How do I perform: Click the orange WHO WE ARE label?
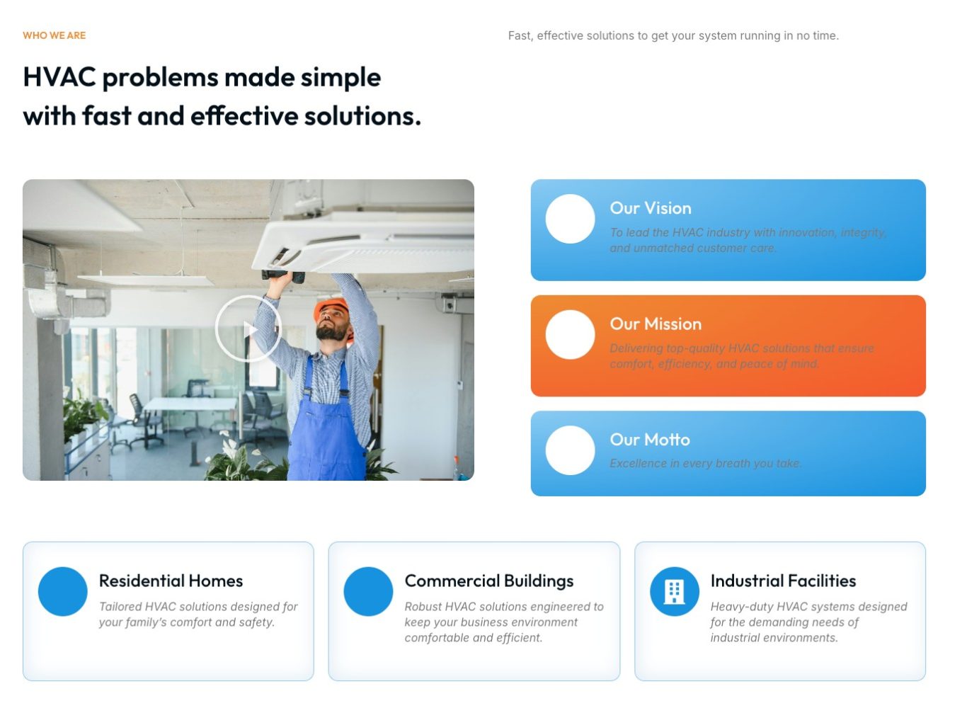click(54, 35)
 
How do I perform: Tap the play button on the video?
click(248, 329)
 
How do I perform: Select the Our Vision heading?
click(650, 208)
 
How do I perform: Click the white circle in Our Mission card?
click(570, 334)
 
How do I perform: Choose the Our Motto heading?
click(649, 440)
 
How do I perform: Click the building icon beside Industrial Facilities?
click(674, 591)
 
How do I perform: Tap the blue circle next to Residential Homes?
click(63, 591)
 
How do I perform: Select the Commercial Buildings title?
click(488, 581)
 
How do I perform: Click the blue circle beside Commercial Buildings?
click(368, 591)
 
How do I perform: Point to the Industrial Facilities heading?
click(782, 581)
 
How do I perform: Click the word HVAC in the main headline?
click(59, 77)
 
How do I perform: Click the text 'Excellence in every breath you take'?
click(705, 464)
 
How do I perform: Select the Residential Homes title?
click(171, 581)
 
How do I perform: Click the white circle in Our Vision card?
click(570, 219)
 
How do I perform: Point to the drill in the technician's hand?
click(283, 275)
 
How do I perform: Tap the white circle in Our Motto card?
click(570, 450)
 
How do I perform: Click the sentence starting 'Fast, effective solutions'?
click(673, 36)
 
